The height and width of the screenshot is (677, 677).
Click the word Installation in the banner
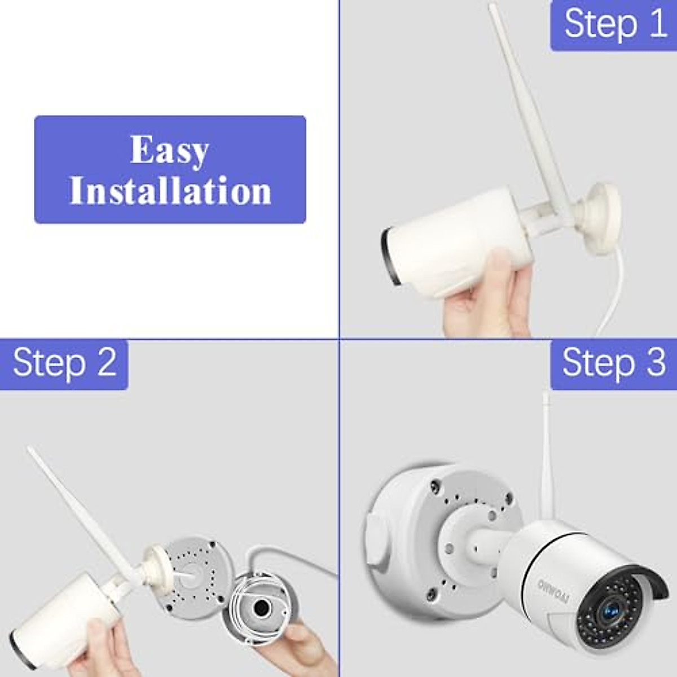[170, 191]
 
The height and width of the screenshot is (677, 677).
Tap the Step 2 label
[64, 362]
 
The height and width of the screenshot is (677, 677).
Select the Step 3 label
[614, 362]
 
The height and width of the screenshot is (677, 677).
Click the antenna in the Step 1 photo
[521, 113]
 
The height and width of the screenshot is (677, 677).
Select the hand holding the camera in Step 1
[485, 299]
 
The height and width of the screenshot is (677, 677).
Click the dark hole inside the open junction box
[261, 608]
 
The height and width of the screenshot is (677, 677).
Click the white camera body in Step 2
[62, 615]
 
